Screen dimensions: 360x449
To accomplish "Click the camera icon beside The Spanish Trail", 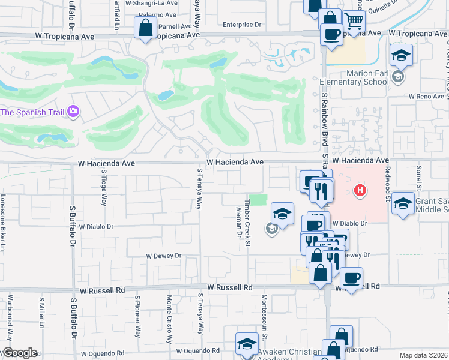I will coord(73,112).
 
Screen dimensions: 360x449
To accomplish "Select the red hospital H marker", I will coord(360,191).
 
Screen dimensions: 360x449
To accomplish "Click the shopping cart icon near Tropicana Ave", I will coord(354,22).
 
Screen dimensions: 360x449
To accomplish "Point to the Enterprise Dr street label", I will coord(242,25).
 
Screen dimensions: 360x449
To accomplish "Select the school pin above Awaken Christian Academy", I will coord(246,344).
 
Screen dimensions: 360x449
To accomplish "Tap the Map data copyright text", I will coord(423,355).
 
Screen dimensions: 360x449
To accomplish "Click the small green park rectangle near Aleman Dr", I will coord(258,200).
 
